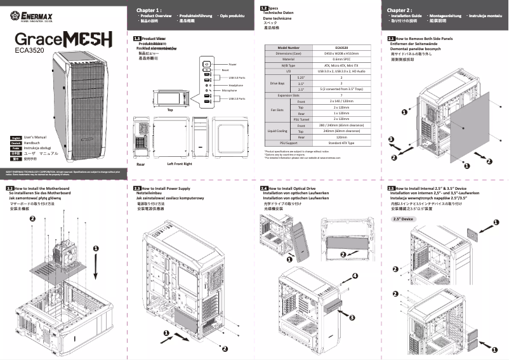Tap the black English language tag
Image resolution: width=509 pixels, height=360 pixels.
pos(16,137)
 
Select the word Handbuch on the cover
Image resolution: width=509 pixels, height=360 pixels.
pos(32,143)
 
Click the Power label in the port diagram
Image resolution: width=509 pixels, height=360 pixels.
pos(232,65)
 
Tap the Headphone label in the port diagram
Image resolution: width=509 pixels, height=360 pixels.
pos(235,84)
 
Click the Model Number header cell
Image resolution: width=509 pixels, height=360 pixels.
pos(289,48)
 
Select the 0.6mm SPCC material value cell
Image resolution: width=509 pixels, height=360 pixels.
pos(342,59)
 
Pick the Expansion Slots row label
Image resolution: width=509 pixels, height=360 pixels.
pos(289,95)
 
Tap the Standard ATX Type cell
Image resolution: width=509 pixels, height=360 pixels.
pos(342,143)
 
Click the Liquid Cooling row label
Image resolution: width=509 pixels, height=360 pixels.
pos(279,131)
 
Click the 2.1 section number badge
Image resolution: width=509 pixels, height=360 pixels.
pos(391,39)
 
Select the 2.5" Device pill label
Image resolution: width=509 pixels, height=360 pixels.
pos(403,219)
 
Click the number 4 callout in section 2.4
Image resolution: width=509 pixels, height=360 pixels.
pos(355,275)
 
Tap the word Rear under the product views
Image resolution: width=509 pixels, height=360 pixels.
pos(141,164)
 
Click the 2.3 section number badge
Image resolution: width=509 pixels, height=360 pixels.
pos(137,189)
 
